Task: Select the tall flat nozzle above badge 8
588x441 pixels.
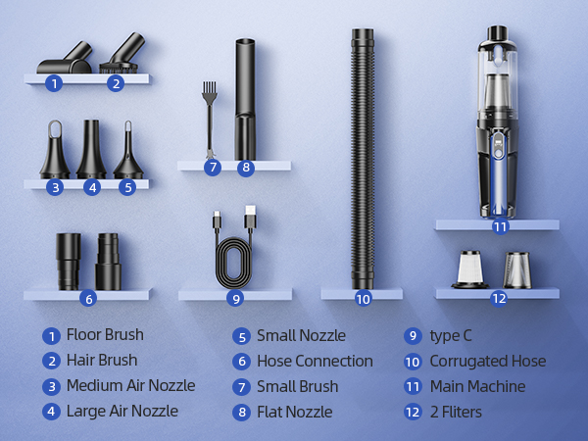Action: tap(244, 98)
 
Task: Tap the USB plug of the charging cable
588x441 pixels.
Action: tap(249, 219)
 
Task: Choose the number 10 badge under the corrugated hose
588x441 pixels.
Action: tap(363, 299)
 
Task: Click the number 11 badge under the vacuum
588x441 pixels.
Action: tap(500, 226)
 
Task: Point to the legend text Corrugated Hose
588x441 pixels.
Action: tap(487, 361)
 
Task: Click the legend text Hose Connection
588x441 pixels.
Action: tap(315, 361)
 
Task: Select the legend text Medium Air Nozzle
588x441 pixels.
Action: tap(130, 385)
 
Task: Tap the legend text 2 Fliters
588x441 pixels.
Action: tap(456, 412)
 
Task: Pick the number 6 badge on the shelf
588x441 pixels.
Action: tap(88, 299)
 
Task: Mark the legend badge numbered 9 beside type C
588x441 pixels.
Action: tap(413, 336)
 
